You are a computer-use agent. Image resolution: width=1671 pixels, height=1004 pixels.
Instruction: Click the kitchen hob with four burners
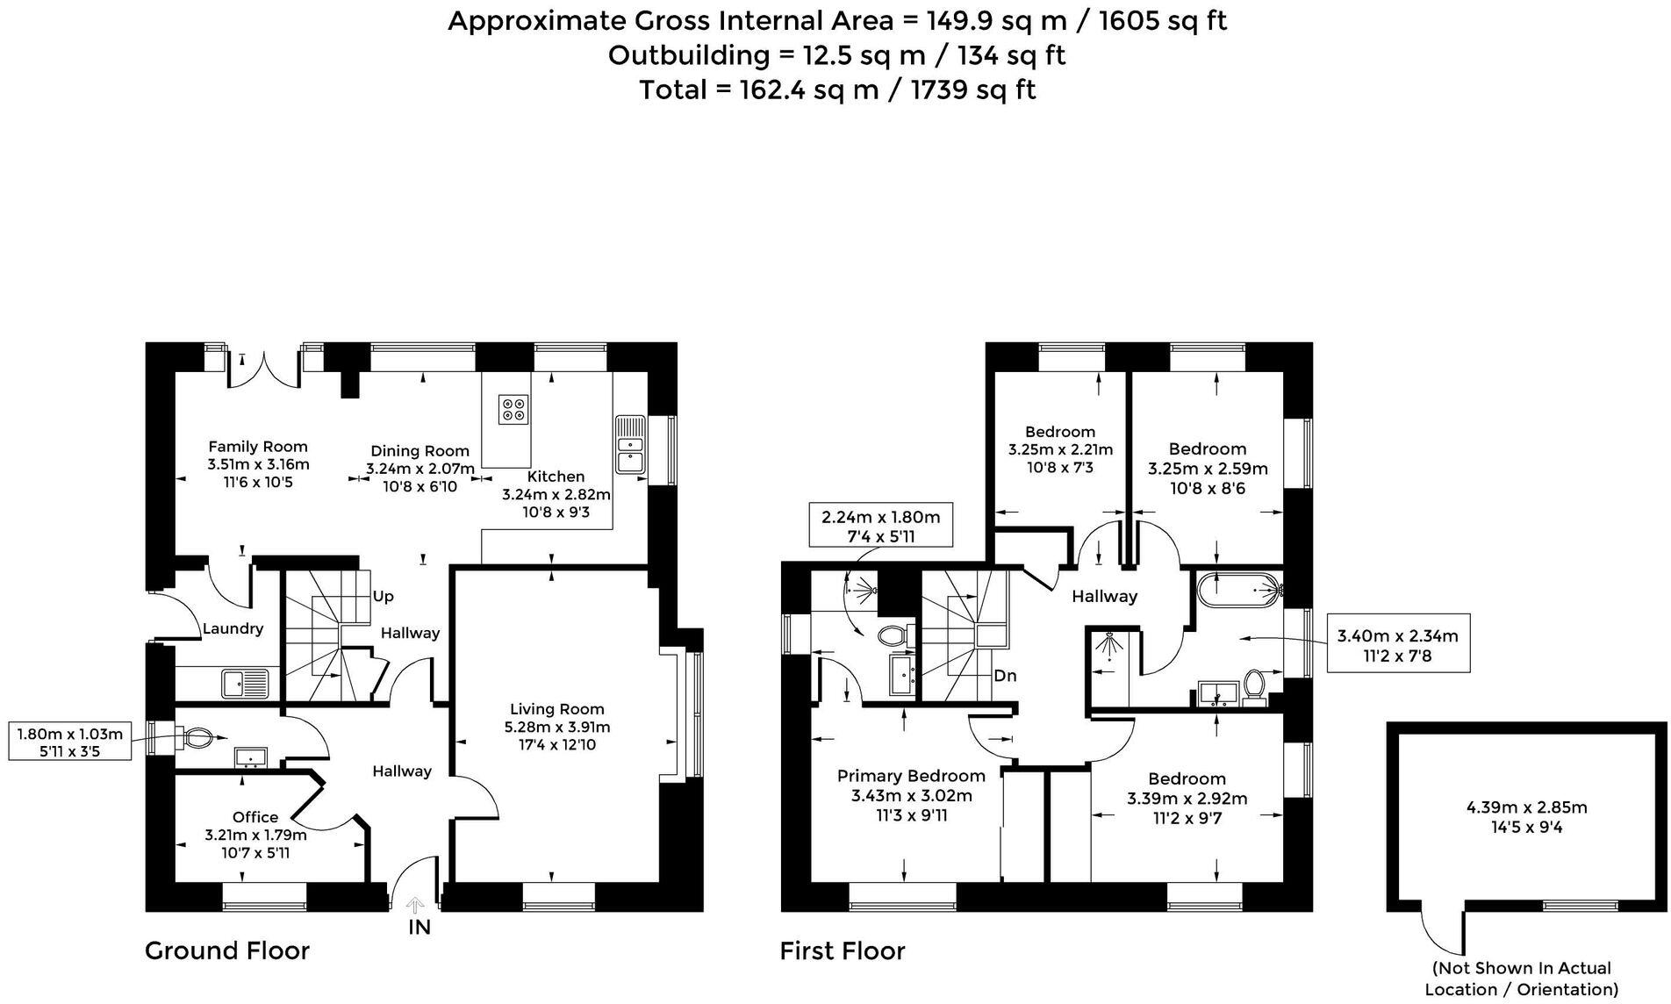click(513, 409)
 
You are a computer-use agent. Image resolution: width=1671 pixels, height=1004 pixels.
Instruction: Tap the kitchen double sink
click(630, 444)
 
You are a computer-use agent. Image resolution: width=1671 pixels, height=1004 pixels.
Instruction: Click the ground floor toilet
click(195, 738)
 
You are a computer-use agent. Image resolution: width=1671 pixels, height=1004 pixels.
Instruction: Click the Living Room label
click(556, 709)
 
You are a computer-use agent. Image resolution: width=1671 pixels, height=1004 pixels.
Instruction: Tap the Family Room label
click(257, 447)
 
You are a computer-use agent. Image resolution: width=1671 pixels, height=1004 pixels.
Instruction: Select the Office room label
click(255, 817)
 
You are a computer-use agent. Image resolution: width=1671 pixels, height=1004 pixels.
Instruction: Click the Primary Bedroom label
click(911, 776)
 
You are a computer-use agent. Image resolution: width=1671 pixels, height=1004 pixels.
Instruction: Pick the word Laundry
click(233, 628)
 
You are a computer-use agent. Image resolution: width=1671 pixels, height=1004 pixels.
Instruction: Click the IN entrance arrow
click(416, 906)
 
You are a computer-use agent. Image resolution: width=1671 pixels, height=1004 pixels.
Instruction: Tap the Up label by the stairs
click(384, 597)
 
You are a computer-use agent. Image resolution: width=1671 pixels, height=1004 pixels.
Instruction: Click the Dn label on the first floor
click(1005, 676)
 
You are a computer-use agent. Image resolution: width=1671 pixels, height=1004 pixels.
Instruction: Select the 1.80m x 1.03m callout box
click(69, 742)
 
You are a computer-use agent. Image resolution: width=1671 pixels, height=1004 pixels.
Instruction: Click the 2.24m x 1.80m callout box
click(880, 527)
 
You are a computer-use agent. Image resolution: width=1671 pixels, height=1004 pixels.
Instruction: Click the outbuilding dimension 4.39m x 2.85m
click(1526, 807)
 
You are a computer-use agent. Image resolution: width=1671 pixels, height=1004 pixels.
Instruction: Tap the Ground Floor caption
click(226, 950)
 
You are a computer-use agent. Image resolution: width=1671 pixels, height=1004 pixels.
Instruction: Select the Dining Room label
click(420, 451)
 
